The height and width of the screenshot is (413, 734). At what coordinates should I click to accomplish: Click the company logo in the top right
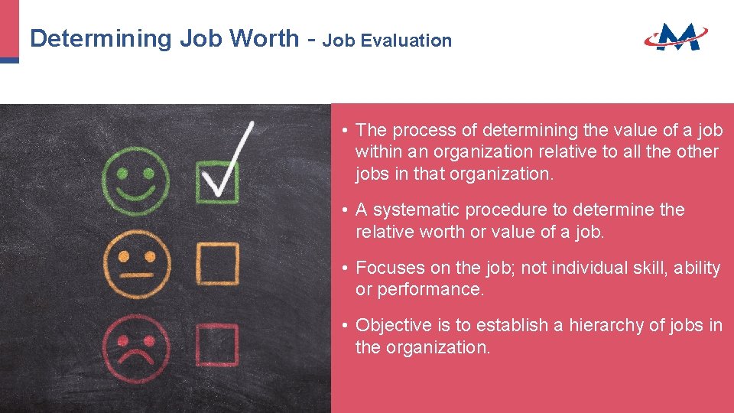click(675, 36)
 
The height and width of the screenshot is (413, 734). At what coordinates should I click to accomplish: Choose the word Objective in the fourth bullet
click(394, 326)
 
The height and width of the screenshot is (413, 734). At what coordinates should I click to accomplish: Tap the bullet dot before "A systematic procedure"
click(346, 210)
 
